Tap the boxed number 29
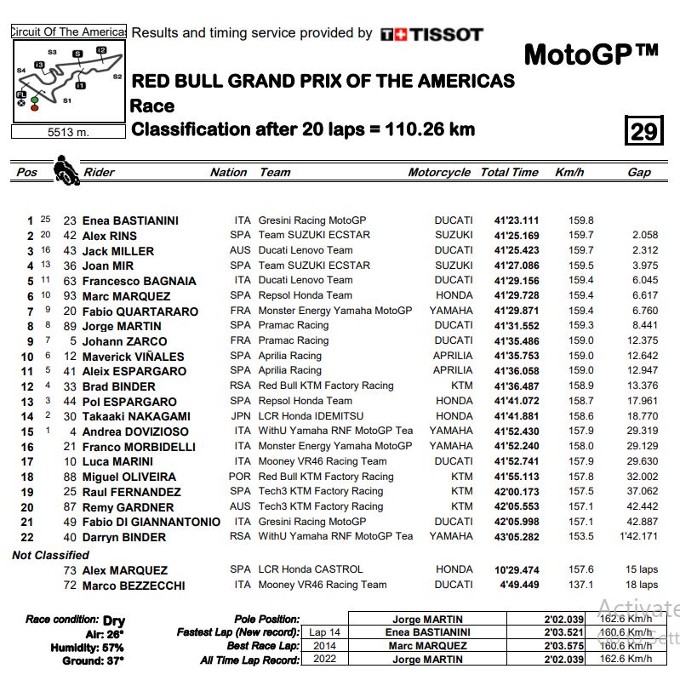coord(644,130)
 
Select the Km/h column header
coord(569,172)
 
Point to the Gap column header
coord(639,172)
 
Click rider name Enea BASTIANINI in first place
coord(130,220)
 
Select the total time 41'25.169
coord(516,236)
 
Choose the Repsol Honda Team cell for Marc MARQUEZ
coord(306,295)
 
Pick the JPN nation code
coord(241,416)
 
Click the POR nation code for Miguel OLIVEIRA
coord(241,477)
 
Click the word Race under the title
coord(152,106)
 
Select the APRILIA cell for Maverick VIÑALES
coord(453,356)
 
